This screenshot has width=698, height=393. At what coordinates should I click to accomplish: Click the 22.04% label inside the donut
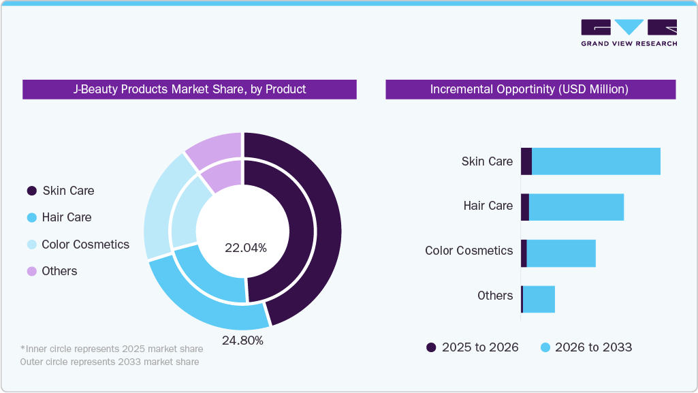pos(245,248)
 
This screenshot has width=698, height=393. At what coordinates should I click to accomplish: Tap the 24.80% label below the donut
pos(242,340)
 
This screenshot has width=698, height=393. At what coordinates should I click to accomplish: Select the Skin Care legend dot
pos(31,191)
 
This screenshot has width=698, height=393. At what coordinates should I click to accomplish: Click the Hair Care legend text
pos(66,217)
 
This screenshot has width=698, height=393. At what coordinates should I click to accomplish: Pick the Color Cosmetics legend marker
pos(31,245)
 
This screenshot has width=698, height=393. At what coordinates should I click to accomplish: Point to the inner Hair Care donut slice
pos(208,276)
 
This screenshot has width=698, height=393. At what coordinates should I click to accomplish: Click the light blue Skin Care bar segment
pos(596,161)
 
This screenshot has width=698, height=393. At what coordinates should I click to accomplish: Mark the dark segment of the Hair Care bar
pos(525,207)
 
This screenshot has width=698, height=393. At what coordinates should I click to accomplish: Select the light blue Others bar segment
pos(539,299)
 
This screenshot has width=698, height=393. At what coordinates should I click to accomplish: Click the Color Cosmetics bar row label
pos(469,251)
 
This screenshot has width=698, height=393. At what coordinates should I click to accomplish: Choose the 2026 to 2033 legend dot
pos(545,347)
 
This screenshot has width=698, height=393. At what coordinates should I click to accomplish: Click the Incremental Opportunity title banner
pos(530,89)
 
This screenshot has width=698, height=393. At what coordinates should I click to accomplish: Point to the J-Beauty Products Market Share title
pos(189,89)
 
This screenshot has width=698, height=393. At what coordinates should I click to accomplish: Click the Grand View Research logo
pos(629,32)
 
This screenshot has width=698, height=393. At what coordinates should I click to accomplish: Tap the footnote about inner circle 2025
pos(112,349)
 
